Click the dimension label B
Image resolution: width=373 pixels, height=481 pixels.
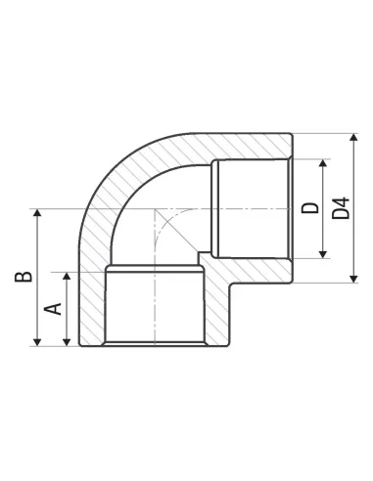pos(23,277)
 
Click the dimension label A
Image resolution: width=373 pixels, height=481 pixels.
pos(53,309)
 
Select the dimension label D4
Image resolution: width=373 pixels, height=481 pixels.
pos(341,208)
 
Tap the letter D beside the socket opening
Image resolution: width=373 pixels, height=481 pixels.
pos(309,208)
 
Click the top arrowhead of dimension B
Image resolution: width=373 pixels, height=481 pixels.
pos(37,212)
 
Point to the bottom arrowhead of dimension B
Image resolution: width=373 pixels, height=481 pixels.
pos(37,342)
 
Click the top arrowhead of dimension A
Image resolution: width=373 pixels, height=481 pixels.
pos(67,276)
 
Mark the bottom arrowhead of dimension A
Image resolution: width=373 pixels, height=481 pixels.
pos(67,342)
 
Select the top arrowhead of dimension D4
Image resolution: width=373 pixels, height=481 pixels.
pos(353,137)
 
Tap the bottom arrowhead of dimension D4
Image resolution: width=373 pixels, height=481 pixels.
pos(353,279)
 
